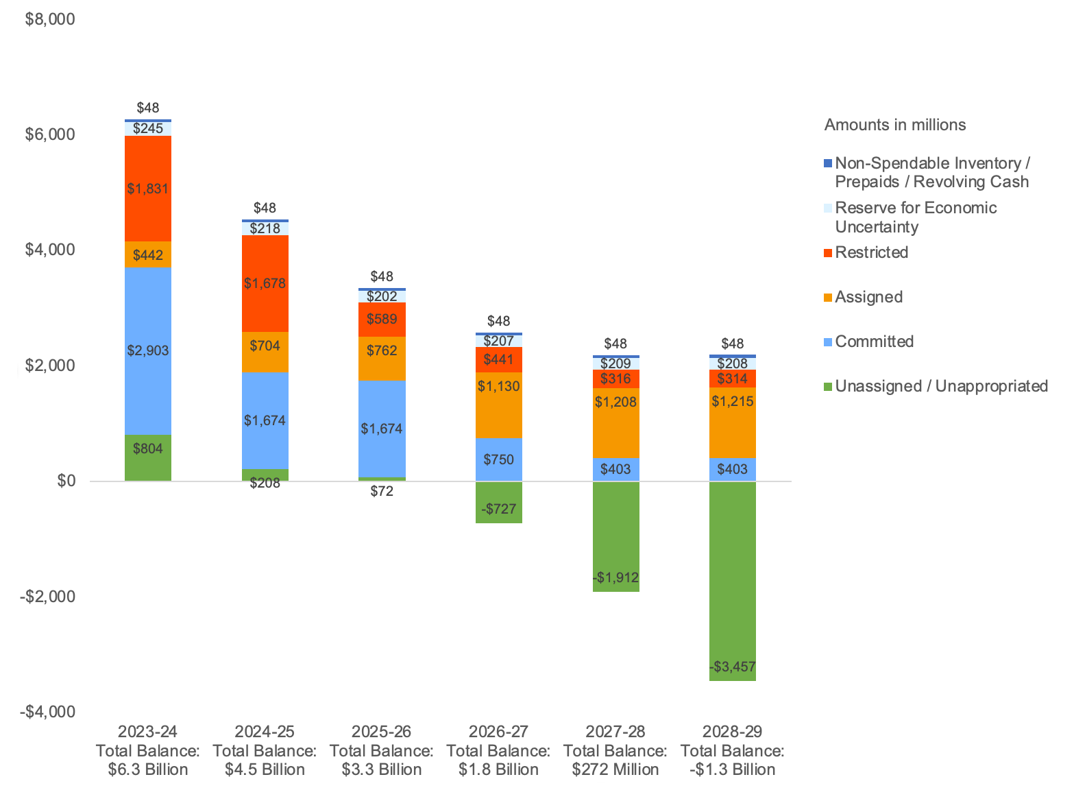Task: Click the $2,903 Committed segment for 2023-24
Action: pos(148,350)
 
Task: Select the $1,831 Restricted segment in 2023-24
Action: pos(148,189)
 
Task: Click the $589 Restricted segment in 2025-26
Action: pos(382,319)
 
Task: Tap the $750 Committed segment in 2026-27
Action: pos(498,459)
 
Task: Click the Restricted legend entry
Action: pos(871,252)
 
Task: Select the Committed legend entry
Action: pos(874,342)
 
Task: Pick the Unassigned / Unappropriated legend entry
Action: pos(941,386)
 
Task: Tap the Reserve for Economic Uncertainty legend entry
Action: pos(915,217)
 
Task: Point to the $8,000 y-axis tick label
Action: pos(49,19)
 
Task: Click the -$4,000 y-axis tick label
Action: pos(47,712)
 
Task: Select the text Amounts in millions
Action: pos(895,125)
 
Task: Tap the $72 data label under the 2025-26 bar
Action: pos(382,491)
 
